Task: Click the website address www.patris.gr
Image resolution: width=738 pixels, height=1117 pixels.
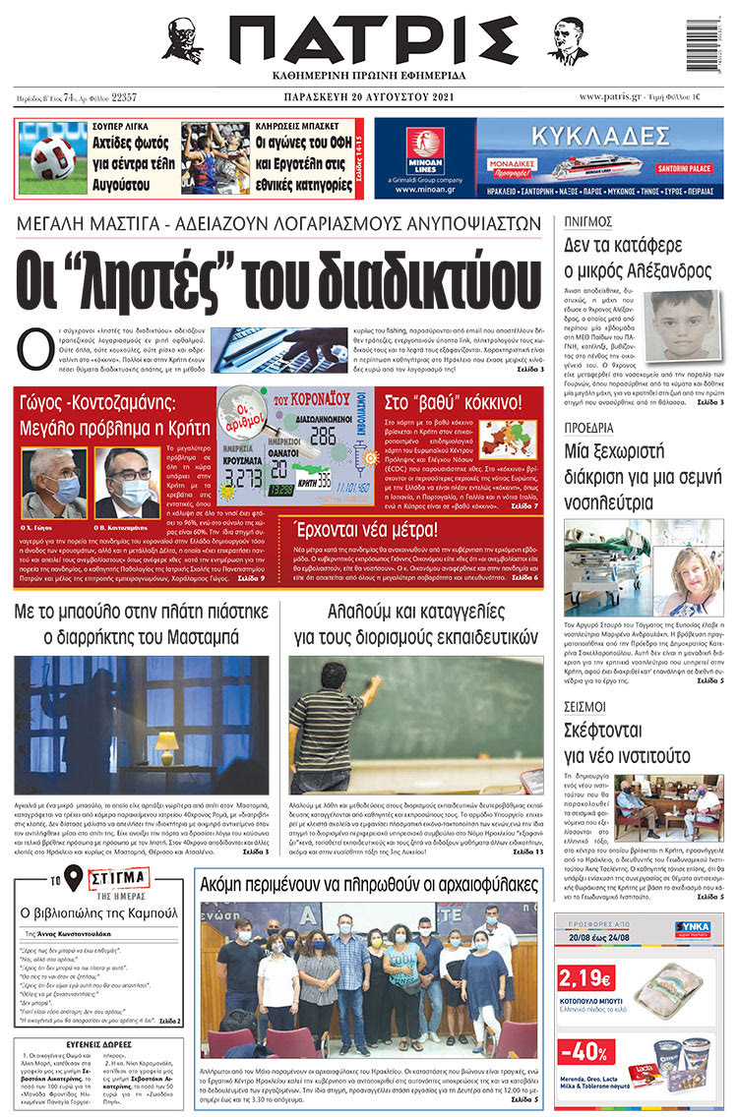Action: click(614, 96)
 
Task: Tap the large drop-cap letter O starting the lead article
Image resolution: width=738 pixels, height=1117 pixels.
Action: click(34, 350)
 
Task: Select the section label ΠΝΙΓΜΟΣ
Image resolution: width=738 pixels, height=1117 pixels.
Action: click(588, 221)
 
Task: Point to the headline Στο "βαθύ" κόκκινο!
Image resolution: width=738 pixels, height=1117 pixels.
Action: click(454, 401)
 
